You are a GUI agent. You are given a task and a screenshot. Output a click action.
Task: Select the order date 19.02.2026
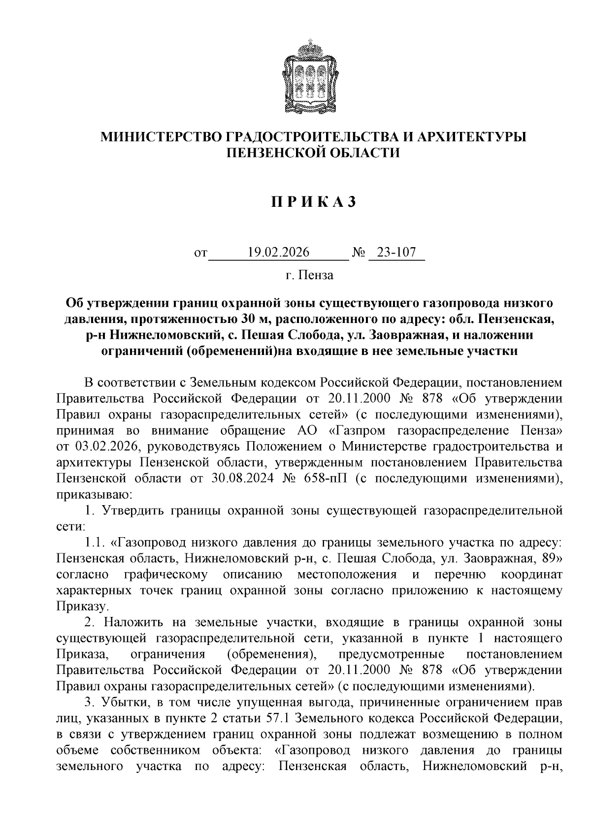279,253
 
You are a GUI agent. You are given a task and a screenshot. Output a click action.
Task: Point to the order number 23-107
396,253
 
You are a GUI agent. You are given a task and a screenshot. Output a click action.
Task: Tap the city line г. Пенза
309,275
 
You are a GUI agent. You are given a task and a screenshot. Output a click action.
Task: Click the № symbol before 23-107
359,253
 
